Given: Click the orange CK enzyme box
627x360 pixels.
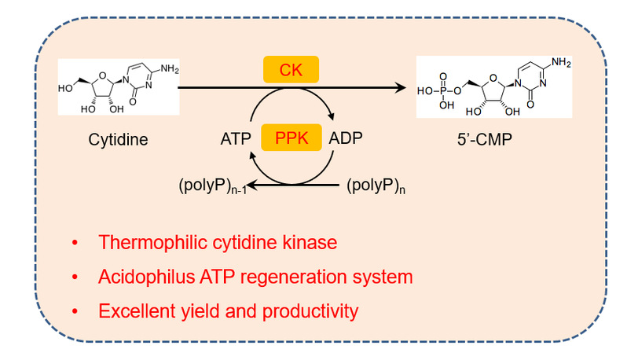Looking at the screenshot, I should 291,71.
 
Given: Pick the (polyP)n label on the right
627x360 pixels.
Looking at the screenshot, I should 376,187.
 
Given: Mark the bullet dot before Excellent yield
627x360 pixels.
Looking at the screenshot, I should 75,311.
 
